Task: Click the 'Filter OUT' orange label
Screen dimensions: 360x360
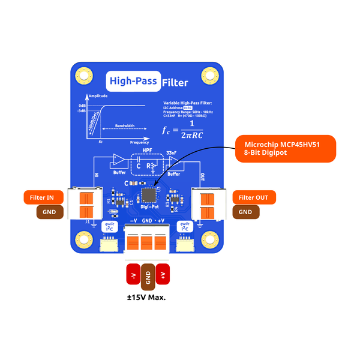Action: pos(254,197)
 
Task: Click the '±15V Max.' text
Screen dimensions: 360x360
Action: pos(148,297)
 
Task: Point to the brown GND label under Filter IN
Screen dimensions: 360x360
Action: pos(50,212)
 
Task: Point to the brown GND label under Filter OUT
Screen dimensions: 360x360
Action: pos(245,212)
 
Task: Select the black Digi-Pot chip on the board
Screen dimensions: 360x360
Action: pos(148,195)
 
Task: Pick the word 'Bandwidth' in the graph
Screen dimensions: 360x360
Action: pos(125,126)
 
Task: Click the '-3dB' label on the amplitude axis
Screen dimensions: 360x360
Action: pos(82,111)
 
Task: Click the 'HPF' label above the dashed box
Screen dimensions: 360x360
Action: pos(147,152)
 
